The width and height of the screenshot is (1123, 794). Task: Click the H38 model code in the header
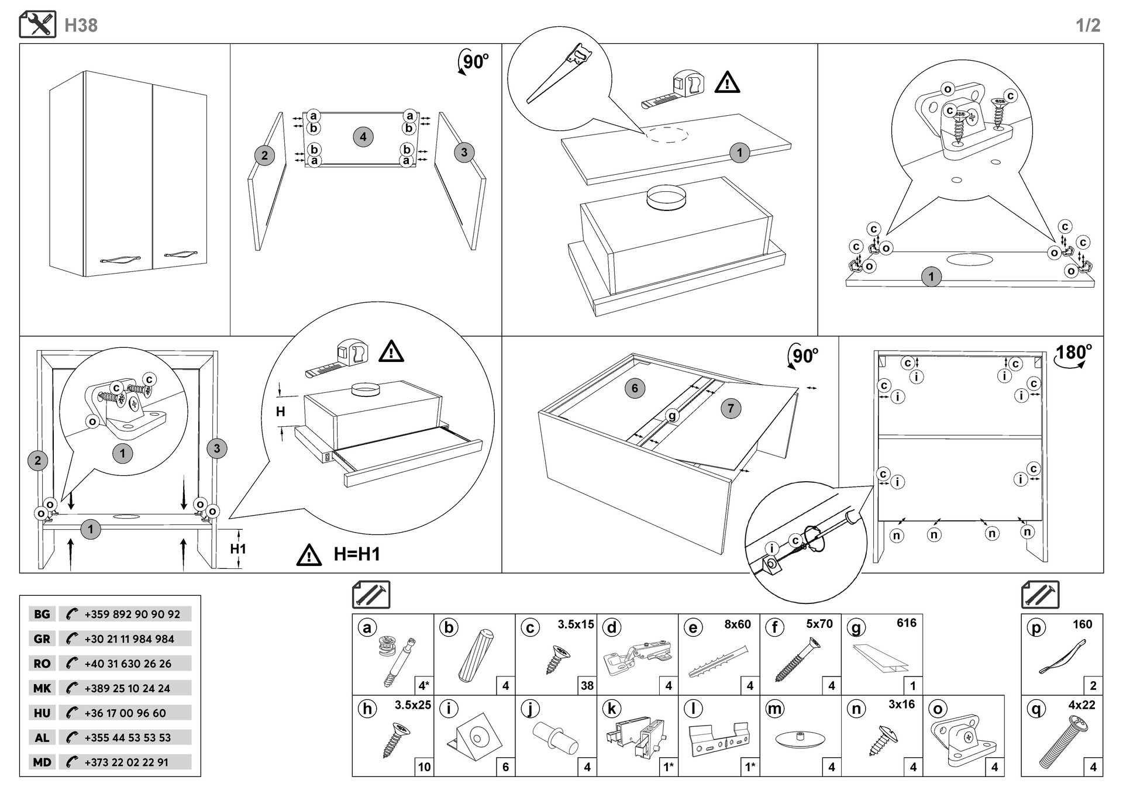pos(81,25)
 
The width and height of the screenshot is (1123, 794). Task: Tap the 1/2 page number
pos(1087,25)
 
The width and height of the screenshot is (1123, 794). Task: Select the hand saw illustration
pos(559,73)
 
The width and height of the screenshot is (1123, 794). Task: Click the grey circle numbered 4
pos(363,137)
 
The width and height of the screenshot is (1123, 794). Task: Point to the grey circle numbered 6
pos(635,388)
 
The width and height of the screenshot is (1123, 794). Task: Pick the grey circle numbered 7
pos(731,408)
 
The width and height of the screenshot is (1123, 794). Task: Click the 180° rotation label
pos(1073,353)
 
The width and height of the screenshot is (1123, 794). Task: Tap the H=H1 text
pos(357,554)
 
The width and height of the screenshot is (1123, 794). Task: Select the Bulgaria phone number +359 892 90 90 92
pos(132,614)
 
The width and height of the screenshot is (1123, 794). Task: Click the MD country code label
pos(42,762)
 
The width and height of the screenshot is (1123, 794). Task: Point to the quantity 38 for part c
pos(587,685)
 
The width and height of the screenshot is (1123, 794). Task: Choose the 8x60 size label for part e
pos(737,624)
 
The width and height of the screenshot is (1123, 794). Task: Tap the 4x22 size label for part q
pos(1081,705)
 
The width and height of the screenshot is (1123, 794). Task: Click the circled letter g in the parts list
pos(856,628)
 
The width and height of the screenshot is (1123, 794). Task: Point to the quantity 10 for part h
pos(424,767)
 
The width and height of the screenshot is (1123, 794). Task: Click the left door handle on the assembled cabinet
pos(120,258)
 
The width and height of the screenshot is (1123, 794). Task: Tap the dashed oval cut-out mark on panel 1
pos(667,134)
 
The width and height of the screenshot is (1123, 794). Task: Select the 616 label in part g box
pos(906,623)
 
